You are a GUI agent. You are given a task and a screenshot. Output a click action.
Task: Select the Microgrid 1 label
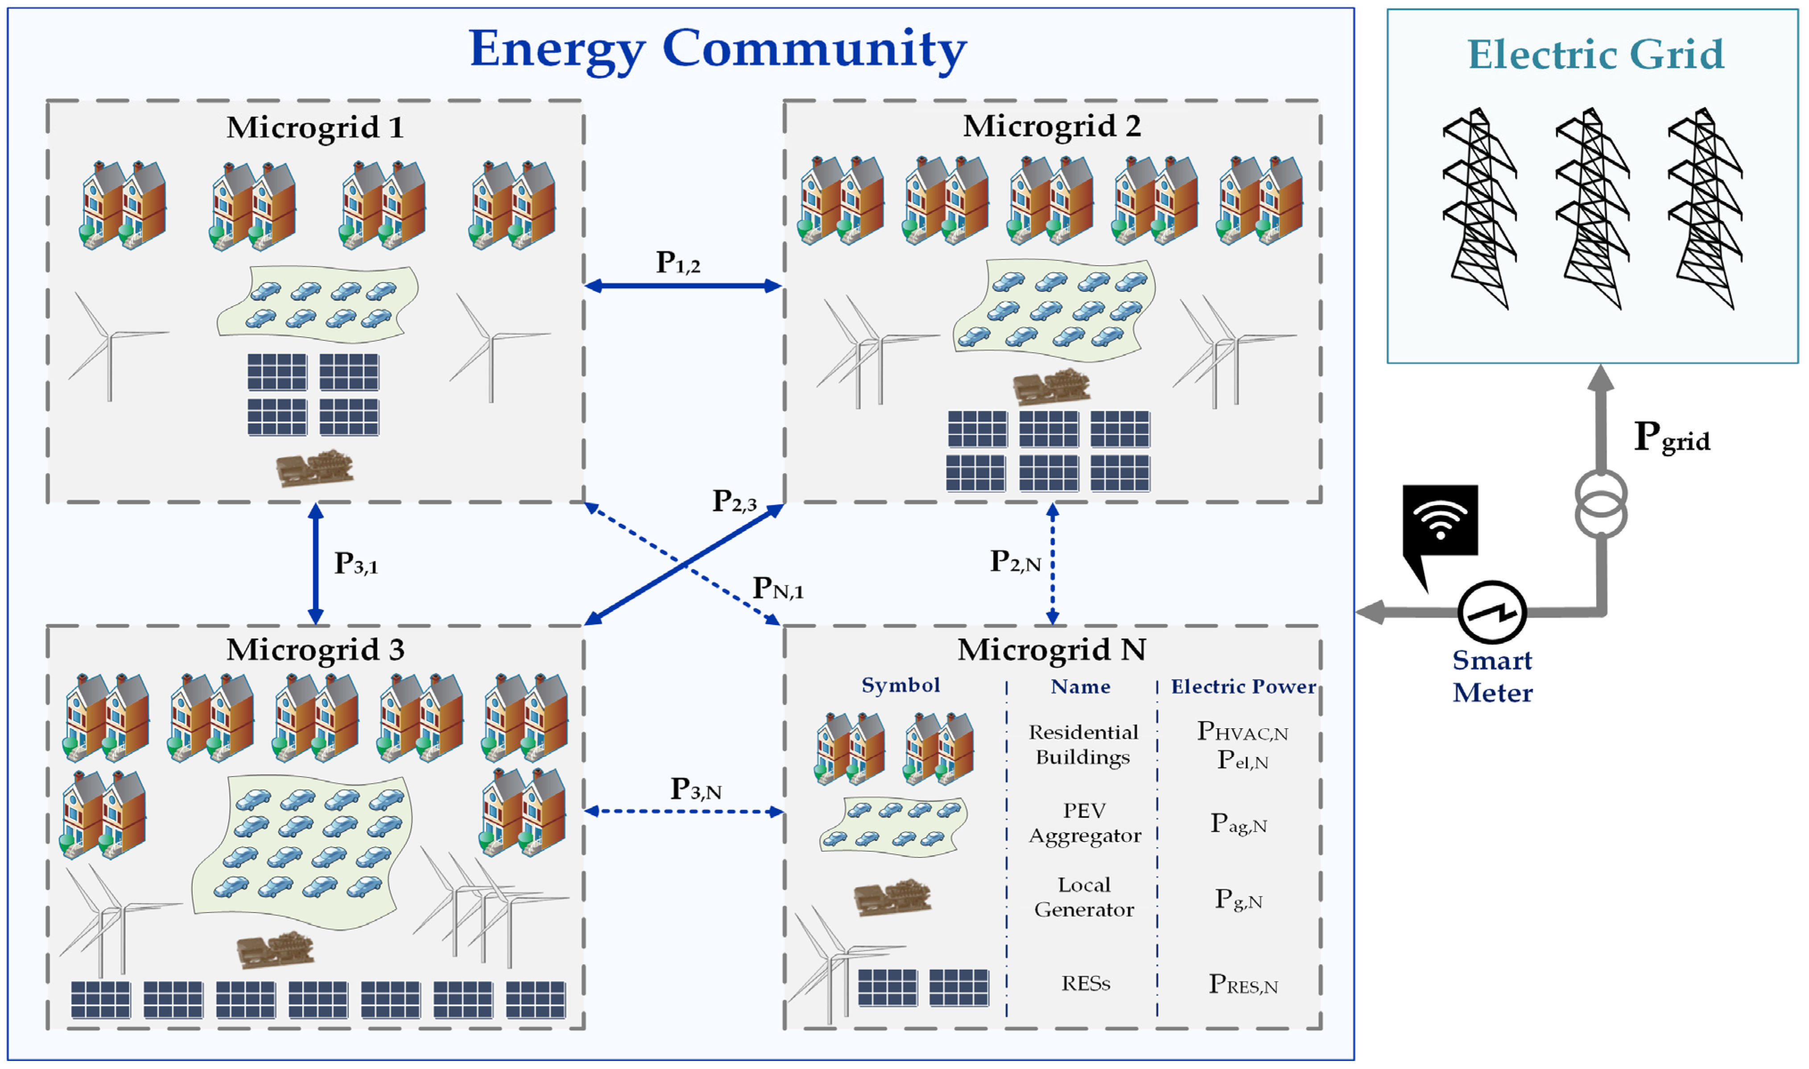(315, 128)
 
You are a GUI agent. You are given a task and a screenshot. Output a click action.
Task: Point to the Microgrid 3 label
(315, 650)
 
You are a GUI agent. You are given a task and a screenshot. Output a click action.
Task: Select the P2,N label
(1015, 561)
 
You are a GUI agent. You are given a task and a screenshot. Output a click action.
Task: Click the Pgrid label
(1671, 436)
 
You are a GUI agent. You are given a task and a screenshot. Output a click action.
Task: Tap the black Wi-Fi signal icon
(1440, 520)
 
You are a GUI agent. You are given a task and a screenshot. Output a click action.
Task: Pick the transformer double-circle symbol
(1600, 504)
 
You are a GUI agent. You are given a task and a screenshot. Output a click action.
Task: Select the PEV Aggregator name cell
(1084, 823)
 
